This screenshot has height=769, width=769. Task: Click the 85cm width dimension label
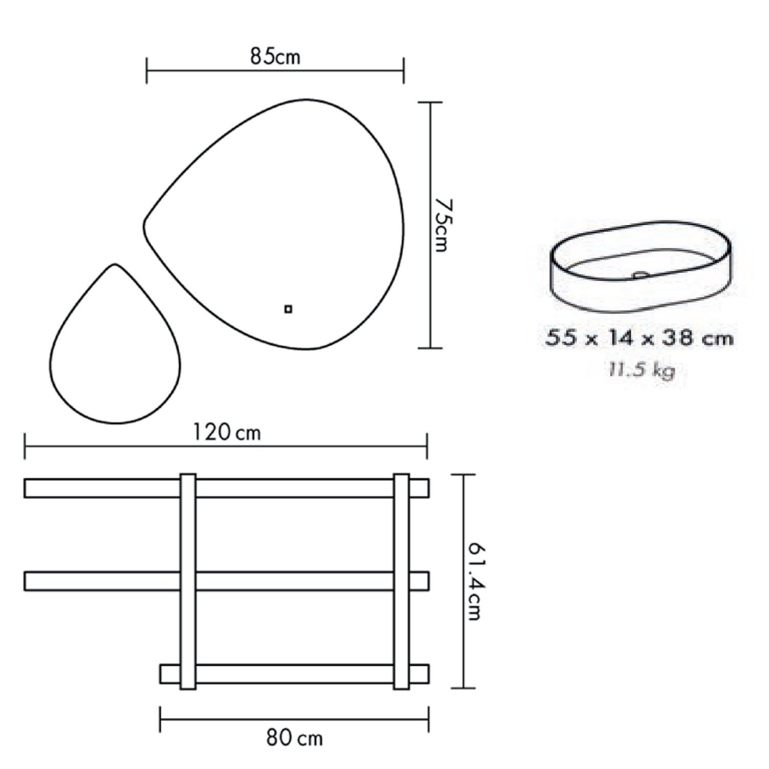(275, 56)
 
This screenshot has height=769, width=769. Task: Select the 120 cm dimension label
(227, 433)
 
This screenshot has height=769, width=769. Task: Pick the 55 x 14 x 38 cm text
(640, 338)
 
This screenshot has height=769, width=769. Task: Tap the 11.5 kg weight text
(641, 370)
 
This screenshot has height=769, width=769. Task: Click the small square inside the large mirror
(288, 309)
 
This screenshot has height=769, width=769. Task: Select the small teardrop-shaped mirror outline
(50, 359)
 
